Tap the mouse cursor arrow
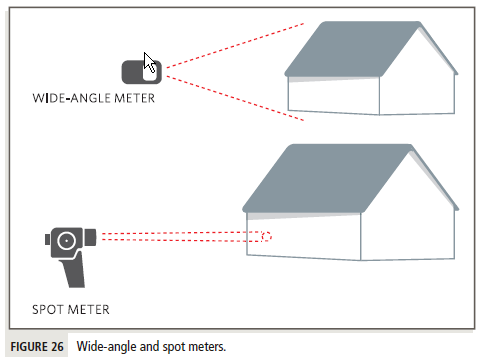[150, 64]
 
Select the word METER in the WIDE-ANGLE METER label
[132, 98]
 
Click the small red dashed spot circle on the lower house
[266, 237]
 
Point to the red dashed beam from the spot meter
[180, 237]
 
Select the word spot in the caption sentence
[166, 347]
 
